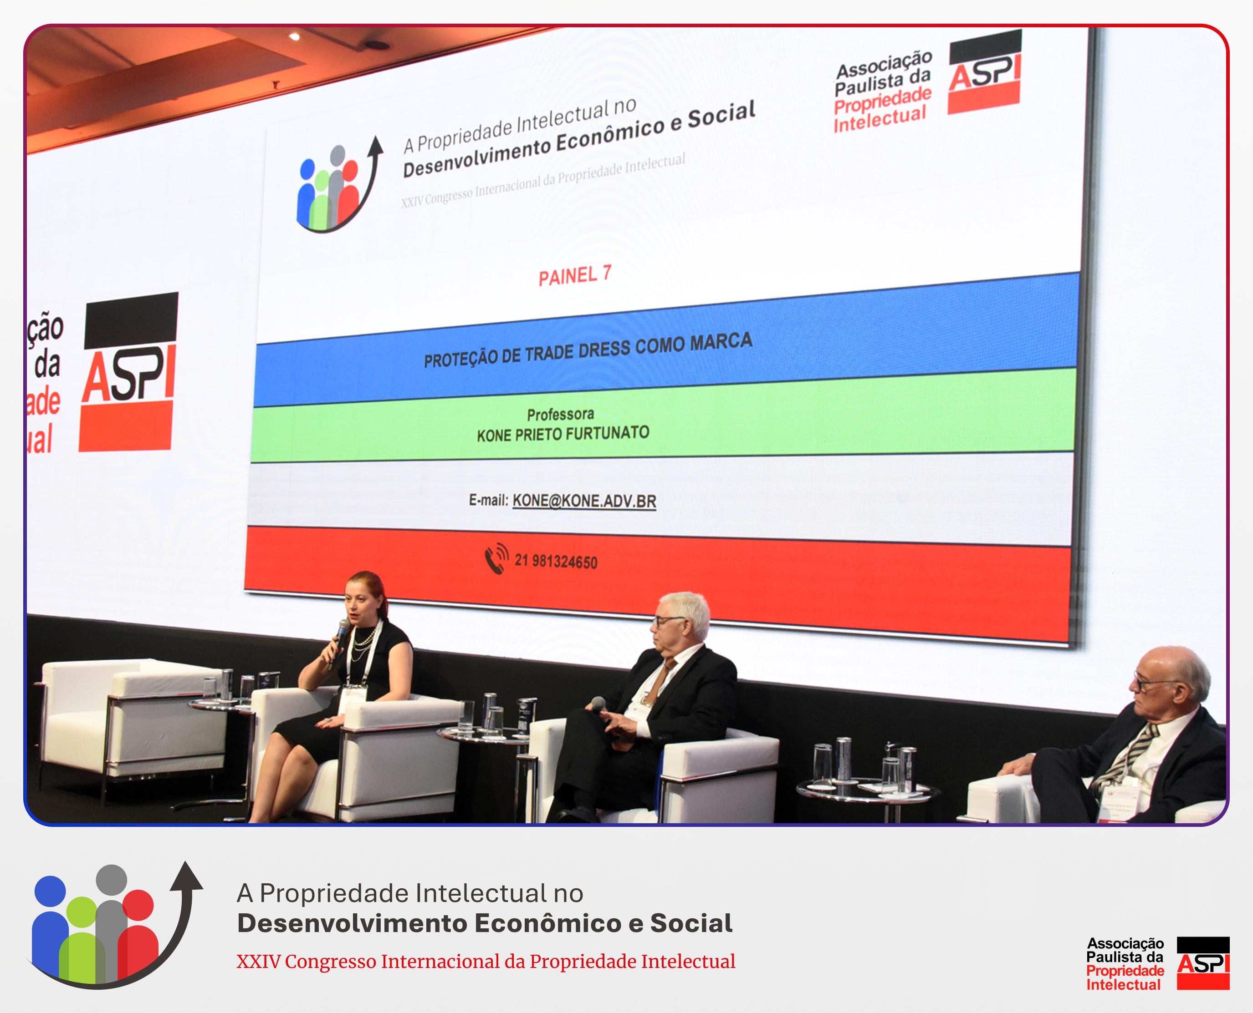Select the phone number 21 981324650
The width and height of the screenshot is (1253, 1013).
[556, 562]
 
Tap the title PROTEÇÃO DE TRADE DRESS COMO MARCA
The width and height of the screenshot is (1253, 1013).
[588, 349]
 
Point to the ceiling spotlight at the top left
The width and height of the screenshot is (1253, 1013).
[294, 36]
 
